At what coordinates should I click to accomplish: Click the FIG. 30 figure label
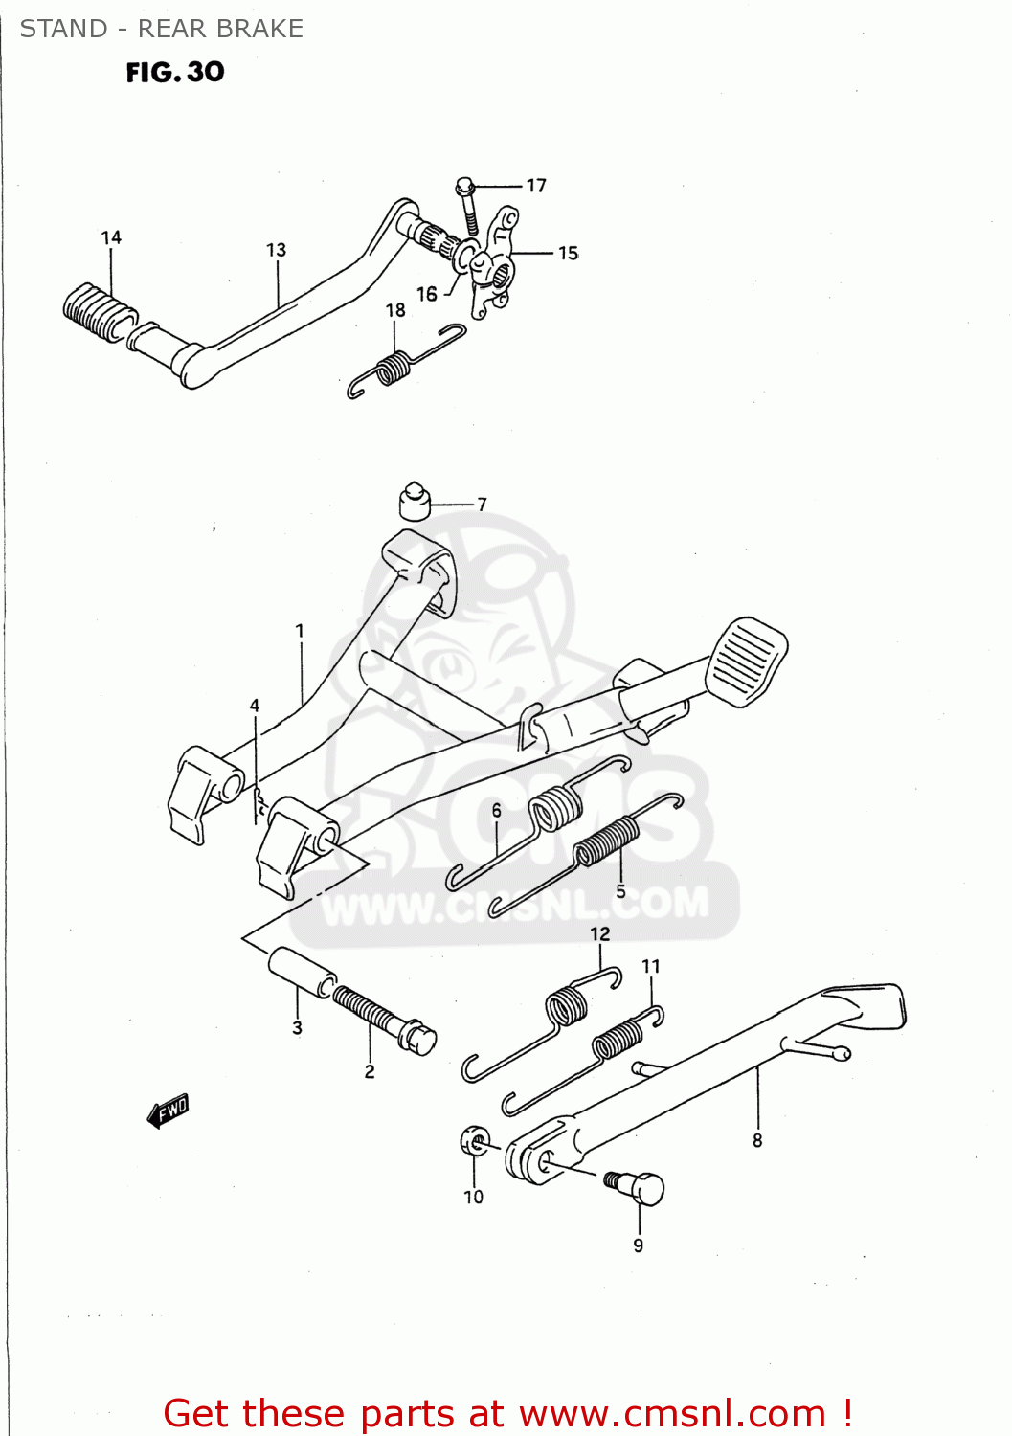click(175, 72)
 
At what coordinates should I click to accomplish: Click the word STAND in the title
click(63, 29)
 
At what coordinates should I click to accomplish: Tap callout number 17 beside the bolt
click(536, 185)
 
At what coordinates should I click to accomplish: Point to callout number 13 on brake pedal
click(276, 250)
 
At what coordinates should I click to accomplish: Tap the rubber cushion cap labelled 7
click(415, 501)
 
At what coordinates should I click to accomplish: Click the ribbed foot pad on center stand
click(746, 662)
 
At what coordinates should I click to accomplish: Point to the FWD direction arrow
click(169, 1110)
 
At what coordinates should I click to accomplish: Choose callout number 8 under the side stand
click(757, 1140)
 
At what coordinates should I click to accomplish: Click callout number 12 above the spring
click(599, 933)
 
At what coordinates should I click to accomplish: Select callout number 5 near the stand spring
click(620, 891)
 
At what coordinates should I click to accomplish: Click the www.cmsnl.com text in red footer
click(672, 1413)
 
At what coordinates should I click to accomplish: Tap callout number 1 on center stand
click(300, 631)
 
